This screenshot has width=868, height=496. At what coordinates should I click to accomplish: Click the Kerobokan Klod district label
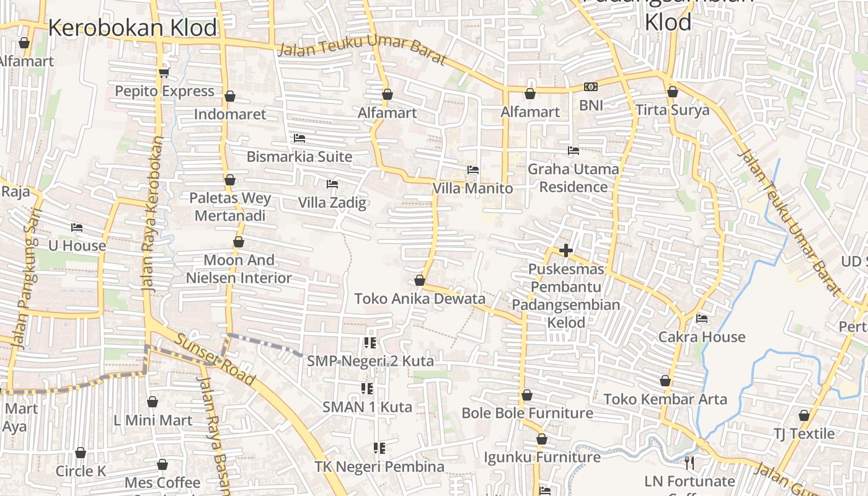[133, 28]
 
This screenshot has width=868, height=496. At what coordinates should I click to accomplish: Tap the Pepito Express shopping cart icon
[164, 73]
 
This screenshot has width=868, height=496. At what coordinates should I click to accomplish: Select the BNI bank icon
[591, 87]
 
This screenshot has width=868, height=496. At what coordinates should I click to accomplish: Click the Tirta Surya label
[673, 110]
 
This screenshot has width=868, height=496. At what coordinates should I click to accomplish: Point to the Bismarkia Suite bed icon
[299, 138]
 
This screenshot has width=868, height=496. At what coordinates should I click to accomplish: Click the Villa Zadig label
[332, 203]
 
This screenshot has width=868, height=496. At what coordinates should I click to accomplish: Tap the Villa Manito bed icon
[473, 170]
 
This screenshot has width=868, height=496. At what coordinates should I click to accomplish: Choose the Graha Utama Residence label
[573, 178]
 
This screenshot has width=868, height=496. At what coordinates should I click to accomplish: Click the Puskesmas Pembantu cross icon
[565, 250]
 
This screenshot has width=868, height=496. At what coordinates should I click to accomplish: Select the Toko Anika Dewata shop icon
[420, 280]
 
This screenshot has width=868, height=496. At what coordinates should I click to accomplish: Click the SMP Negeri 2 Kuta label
[370, 361]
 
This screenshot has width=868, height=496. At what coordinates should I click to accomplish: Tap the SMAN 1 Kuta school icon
[367, 389]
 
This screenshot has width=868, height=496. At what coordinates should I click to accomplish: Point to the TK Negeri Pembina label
[379, 466]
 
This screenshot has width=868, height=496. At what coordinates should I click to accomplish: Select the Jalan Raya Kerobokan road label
[148, 214]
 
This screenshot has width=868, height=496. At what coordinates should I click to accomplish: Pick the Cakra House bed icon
[702, 319]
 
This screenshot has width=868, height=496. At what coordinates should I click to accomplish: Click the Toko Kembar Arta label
[665, 399]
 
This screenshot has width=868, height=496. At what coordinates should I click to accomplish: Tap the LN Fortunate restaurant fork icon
[689, 463]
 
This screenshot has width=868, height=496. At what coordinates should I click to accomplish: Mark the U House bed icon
[77, 228]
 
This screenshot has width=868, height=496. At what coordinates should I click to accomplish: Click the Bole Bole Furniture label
[527, 413]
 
